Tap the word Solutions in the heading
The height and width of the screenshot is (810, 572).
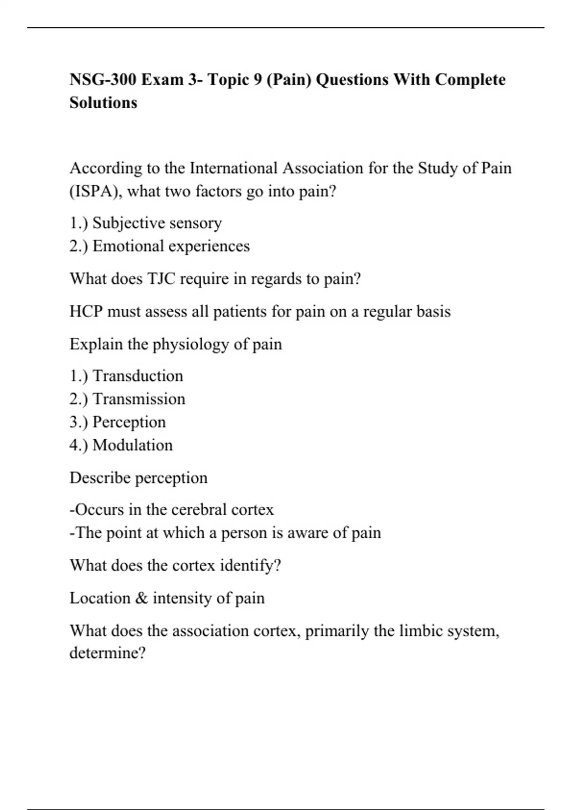tap(103, 102)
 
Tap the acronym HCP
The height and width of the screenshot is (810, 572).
tap(86, 312)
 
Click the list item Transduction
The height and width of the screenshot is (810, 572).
tap(138, 376)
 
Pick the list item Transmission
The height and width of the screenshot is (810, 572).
tap(139, 399)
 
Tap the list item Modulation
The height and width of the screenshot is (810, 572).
tap(133, 445)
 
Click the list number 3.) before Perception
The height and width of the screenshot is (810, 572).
tap(79, 422)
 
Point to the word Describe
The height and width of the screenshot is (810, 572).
tap(99, 478)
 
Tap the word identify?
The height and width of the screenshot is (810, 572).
tap(250, 566)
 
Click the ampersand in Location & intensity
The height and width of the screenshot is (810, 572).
tap(142, 598)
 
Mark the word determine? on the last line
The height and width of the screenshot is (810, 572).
tap(107, 652)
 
